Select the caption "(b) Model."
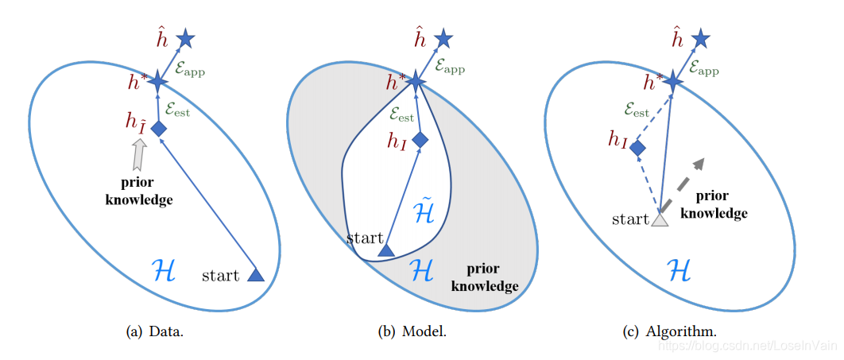pyautogui.click(x=412, y=331)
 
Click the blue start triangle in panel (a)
pyautogui.click(x=256, y=274)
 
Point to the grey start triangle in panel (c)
pyautogui.click(x=659, y=219)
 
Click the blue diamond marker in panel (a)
pyautogui.click(x=158, y=129)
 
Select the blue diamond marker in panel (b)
pyautogui.click(x=420, y=139)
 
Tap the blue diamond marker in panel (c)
pyautogui.click(x=637, y=148)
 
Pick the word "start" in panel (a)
pyautogui.click(x=220, y=276)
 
